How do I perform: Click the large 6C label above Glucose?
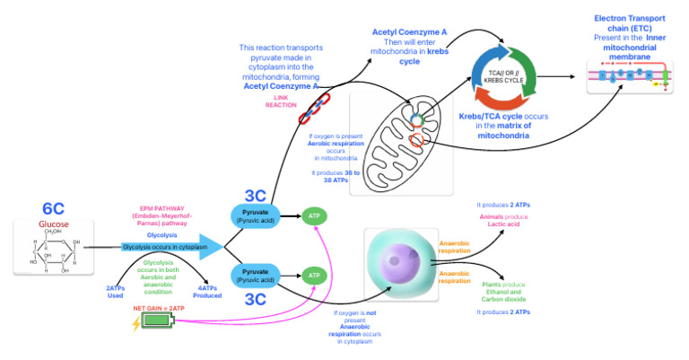(53, 209)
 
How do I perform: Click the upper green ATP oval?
(315, 215)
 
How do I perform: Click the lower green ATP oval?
(315, 276)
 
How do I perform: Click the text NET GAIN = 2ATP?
(159, 307)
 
